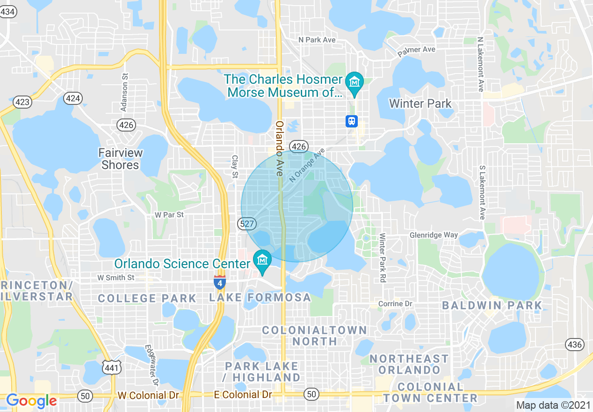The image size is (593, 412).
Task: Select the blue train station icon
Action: coord(352,121)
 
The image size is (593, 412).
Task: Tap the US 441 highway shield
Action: coord(112,368)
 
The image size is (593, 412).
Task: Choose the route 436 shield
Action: coord(574,345)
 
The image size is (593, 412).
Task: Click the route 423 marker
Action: coord(22,102)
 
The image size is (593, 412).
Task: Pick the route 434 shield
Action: coord(8,12)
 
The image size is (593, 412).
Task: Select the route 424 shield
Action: coord(73,98)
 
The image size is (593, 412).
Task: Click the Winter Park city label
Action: coord(420,103)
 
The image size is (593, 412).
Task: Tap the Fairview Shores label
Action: coord(120,159)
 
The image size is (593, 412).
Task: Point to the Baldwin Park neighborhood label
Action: coord(492,306)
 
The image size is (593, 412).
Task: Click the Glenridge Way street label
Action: coord(434,235)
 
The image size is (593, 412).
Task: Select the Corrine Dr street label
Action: coord(395,304)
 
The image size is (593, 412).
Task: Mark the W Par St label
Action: coord(169,215)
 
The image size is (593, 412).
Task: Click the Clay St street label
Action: coord(235,167)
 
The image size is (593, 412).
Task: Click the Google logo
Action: coord(31,401)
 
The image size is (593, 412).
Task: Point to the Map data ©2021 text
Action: coord(552,405)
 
